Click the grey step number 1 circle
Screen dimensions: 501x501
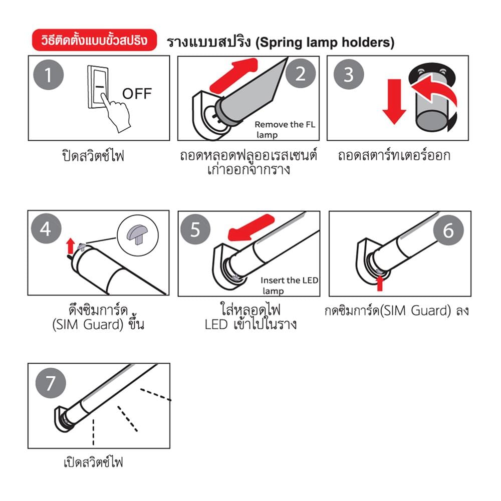tap(49, 75)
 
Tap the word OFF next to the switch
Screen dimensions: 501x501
tap(137, 94)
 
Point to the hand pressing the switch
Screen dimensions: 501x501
tap(115, 113)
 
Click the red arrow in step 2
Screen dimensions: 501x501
tap(234, 76)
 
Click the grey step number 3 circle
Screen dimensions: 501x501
tap(349, 74)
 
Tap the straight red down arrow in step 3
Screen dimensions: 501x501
tap(394, 101)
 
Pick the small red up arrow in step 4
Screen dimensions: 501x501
tap(71, 246)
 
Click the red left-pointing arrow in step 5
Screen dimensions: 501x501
tap(251, 227)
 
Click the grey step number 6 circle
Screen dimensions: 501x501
tap(448, 230)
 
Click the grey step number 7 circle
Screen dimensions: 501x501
tap(51, 383)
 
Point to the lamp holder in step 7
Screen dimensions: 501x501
tap(63, 419)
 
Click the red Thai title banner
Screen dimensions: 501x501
tap(94, 40)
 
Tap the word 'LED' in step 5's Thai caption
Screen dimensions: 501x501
tap(216, 325)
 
